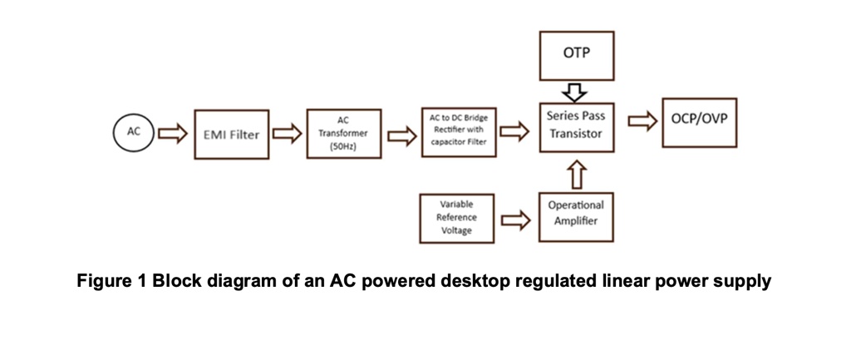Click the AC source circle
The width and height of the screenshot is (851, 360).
[133, 133]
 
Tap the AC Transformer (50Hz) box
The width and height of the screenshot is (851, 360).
[343, 133]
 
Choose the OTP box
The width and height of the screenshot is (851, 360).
[577, 56]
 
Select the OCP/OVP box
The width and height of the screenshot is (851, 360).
[699, 121]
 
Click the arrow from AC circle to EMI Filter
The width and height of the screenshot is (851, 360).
[173, 133]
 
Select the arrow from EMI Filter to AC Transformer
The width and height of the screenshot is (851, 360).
[287, 133]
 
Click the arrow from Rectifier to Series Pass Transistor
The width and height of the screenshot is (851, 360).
[516, 130]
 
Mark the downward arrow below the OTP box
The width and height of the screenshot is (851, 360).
[576, 91]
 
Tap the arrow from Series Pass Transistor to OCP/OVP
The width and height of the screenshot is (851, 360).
[640, 122]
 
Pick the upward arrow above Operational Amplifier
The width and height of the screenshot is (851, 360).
[576, 175]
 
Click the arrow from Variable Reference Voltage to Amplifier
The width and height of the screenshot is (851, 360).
[516, 219]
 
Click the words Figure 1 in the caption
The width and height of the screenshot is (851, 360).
[111, 281]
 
